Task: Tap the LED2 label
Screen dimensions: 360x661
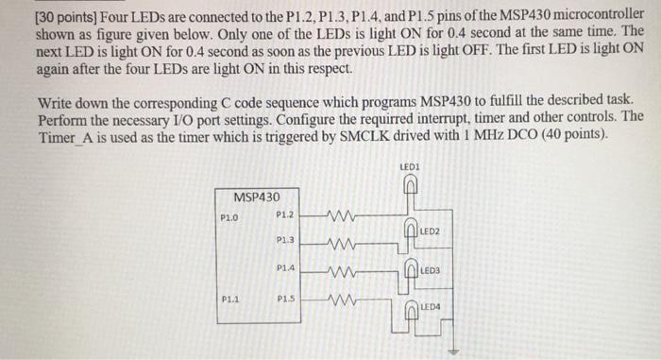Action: pos(430,231)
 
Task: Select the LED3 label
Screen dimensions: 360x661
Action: pos(431,270)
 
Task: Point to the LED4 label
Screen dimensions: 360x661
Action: pos(431,308)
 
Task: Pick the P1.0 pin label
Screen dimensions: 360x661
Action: pos(229,216)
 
